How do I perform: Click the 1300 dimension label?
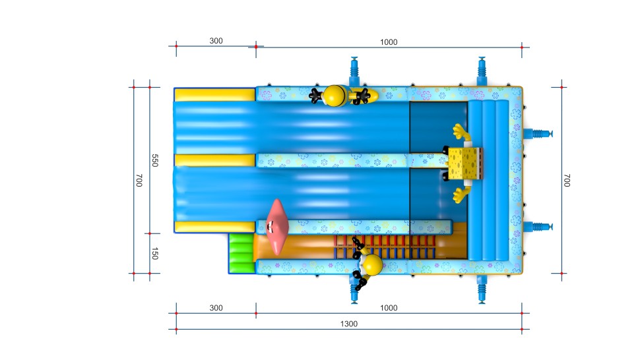tap(348, 324)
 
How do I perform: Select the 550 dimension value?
tap(154, 160)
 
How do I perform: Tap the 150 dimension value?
tap(154, 254)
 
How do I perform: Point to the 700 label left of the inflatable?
tap(139, 180)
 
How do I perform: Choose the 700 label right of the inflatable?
tap(567, 180)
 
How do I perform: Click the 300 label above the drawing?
tap(216, 41)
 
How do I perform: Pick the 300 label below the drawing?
tap(216, 308)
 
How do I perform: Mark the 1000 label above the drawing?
tap(389, 42)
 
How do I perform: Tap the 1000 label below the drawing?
tap(389, 308)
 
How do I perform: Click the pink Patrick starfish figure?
tap(277, 227)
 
